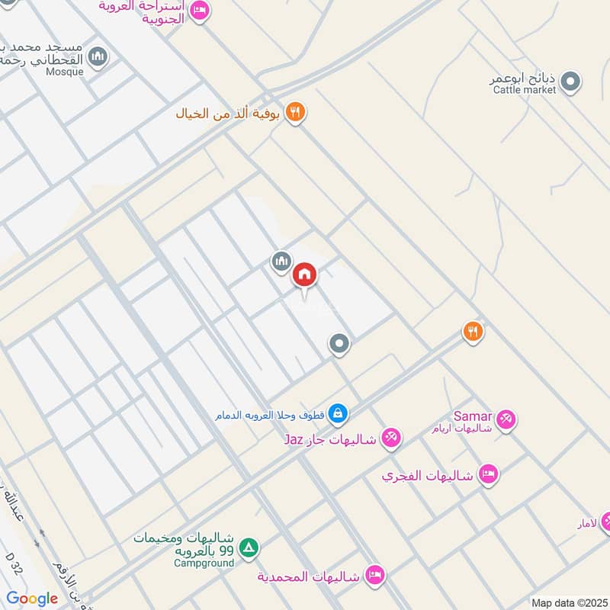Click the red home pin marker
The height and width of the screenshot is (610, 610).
[x=305, y=274]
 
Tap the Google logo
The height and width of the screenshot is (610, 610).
[x=32, y=599]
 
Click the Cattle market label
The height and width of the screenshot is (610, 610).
[x=525, y=90]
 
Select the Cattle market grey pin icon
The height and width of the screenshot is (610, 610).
[x=570, y=80]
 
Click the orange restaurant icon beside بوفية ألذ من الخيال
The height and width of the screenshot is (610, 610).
[x=295, y=114]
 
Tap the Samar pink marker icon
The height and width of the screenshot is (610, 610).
[x=506, y=419]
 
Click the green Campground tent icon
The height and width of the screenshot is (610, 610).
[x=248, y=547]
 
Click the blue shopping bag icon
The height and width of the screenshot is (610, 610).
[x=339, y=415]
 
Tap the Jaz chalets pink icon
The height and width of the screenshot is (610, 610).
[x=391, y=438]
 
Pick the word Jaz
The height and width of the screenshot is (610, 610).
[x=294, y=440]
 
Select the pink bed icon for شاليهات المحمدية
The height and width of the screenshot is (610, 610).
[x=374, y=573]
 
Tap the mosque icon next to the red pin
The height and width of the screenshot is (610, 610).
[x=281, y=262]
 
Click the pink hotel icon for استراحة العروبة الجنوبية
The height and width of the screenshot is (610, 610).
[x=199, y=11]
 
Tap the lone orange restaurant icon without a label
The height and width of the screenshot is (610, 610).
[x=473, y=331]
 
